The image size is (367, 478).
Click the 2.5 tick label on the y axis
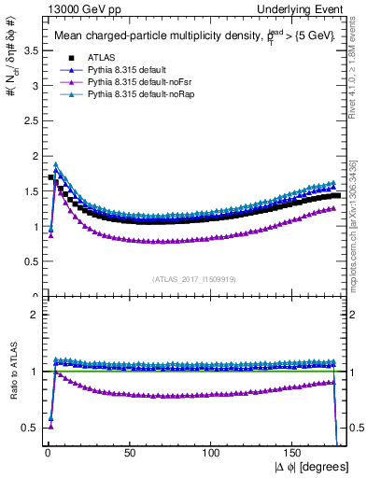[x=28, y=120]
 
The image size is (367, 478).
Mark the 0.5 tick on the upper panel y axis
[x=28, y=261]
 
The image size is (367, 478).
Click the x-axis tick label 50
[x=130, y=451]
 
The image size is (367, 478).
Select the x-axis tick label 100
[x=212, y=451]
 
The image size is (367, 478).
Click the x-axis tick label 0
[x=48, y=451]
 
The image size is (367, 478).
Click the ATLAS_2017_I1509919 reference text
[x=195, y=278]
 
